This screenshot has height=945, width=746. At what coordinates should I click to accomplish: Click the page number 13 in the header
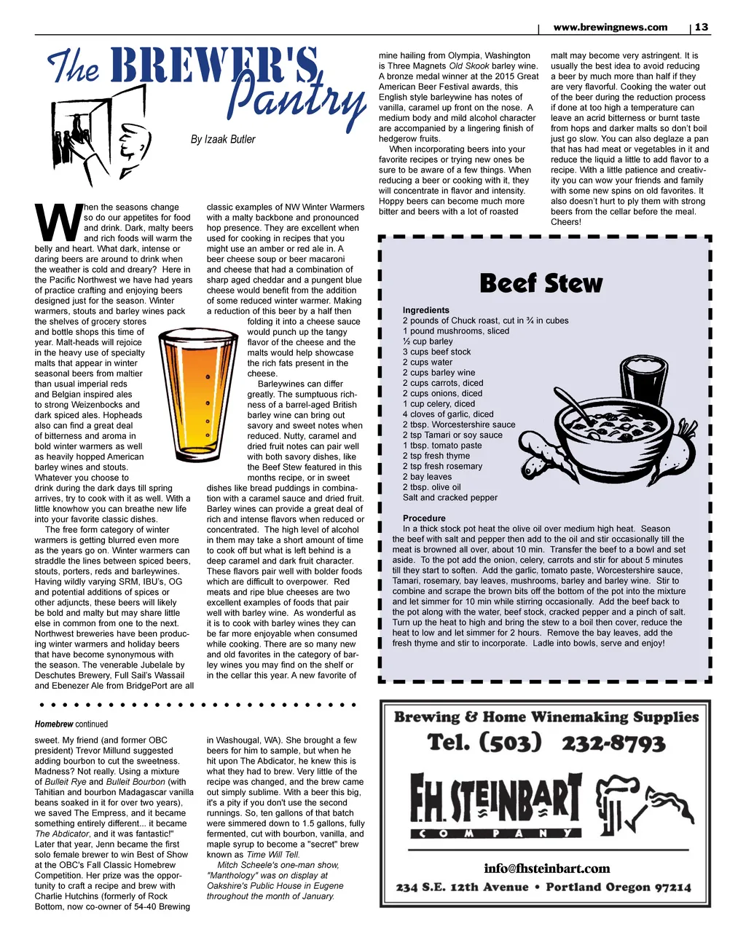(x=701, y=27)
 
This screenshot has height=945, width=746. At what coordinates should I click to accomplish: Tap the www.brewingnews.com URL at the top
(x=610, y=27)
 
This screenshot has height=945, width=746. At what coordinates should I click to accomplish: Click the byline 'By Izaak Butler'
(x=223, y=139)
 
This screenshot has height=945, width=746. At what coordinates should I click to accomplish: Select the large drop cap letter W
(x=57, y=223)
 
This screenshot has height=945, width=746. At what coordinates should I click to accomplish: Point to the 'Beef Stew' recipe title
(x=541, y=283)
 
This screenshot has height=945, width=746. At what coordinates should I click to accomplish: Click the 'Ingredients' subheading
(x=426, y=310)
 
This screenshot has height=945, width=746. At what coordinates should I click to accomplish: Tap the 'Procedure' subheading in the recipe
(x=424, y=518)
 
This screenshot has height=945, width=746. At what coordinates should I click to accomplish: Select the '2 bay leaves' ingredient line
(x=427, y=477)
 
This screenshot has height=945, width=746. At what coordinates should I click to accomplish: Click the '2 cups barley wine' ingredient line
(x=439, y=373)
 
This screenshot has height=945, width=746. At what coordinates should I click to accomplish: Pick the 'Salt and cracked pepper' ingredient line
(x=450, y=498)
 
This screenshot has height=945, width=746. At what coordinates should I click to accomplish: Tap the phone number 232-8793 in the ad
(x=613, y=743)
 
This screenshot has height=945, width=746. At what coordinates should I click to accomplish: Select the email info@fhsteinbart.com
(x=546, y=869)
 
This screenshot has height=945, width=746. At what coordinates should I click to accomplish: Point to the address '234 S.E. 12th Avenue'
(x=462, y=887)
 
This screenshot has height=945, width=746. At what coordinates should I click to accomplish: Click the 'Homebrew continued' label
(x=71, y=724)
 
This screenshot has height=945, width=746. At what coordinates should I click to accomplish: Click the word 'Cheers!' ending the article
(x=566, y=222)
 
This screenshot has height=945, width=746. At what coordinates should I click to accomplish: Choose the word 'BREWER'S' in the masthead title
(x=215, y=67)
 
